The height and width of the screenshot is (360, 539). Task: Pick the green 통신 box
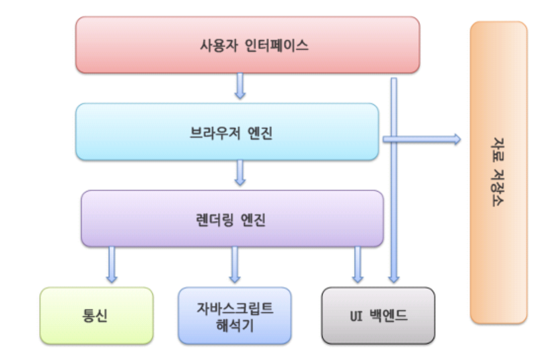click(x=96, y=316)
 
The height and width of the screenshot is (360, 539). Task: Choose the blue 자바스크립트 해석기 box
click(x=234, y=316)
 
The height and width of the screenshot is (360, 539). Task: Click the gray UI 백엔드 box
click(x=378, y=316)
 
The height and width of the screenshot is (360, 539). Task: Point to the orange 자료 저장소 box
click(x=499, y=173)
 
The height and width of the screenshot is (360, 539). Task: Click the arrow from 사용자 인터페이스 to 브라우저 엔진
click(x=240, y=87)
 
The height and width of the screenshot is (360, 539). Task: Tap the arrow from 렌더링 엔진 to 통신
click(x=112, y=265)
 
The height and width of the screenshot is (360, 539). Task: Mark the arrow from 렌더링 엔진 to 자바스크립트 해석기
click(x=235, y=265)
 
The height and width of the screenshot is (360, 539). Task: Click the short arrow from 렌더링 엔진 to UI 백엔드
click(x=358, y=265)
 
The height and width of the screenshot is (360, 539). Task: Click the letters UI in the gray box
click(x=356, y=316)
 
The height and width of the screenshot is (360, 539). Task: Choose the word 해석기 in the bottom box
click(x=234, y=325)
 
